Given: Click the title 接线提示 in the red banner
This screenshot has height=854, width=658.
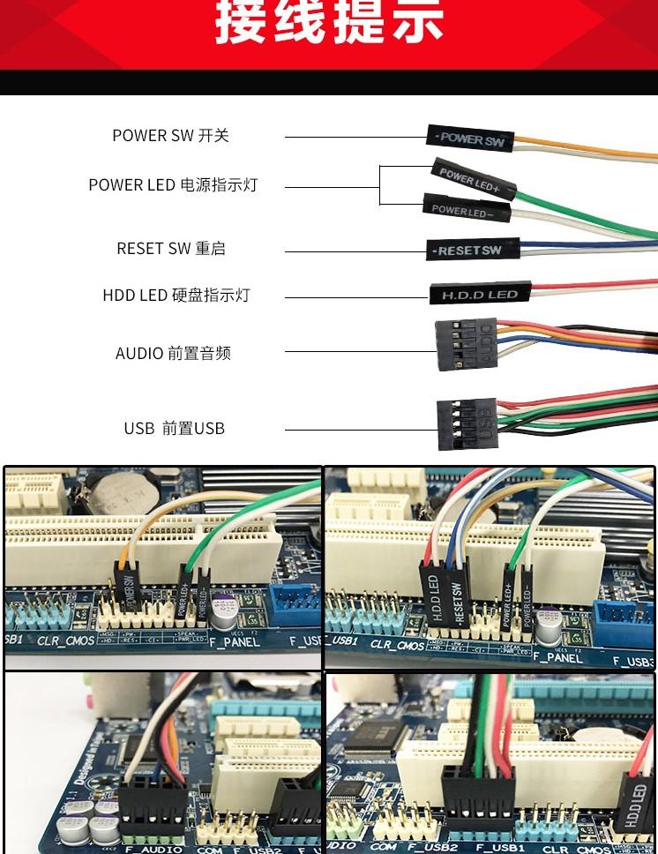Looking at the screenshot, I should pos(329,25).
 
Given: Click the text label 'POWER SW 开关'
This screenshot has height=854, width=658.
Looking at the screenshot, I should pos(170,135).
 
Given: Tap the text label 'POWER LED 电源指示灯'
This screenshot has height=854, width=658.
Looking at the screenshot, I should pos(173,184).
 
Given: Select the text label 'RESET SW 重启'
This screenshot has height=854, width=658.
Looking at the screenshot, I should pos(171,249).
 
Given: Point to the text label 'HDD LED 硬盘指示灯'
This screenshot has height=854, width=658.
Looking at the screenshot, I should pos(176,295).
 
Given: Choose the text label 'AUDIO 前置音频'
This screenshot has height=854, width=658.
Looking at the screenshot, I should pos(173,353).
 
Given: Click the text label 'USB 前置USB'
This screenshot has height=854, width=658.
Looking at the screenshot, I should pos(174,428).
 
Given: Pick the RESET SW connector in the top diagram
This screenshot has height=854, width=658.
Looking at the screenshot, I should pos(467,250).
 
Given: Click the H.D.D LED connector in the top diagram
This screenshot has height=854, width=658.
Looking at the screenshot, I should pos(480,294).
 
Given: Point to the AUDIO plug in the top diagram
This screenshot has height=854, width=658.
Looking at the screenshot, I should pos(466,344).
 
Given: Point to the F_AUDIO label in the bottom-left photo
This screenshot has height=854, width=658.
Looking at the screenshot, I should pos(153,849).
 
